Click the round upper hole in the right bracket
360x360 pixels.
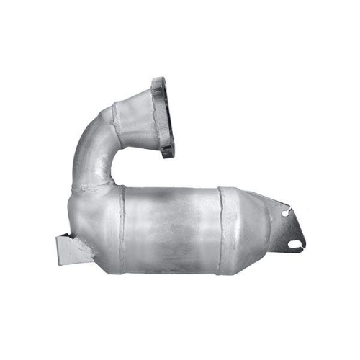point(286,213)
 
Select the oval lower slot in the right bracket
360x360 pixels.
point(293,243)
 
